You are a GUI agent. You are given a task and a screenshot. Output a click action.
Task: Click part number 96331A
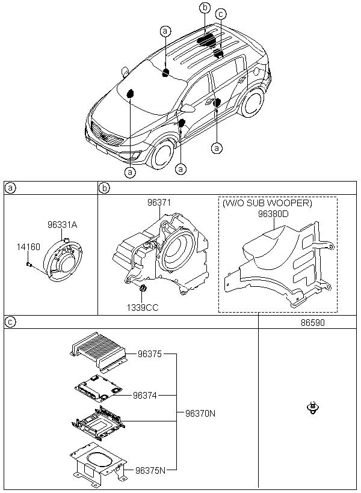[63, 224]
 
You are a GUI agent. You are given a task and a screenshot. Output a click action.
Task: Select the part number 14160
[28, 247]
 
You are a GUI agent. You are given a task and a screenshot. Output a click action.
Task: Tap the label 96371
[159, 203]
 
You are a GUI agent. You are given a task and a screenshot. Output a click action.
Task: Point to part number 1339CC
[143, 307]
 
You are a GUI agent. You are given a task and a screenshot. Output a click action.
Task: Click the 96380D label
[273, 214]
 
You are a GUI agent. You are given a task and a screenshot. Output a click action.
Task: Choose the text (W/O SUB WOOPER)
[267, 203]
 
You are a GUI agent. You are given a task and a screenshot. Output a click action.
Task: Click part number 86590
[312, 323]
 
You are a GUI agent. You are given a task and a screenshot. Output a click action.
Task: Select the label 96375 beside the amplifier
[149, 354]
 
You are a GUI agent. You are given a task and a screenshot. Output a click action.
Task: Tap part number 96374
[145, 395]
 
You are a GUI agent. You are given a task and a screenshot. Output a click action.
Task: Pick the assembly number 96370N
[200, 414]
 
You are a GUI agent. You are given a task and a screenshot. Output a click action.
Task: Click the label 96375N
[150, 470]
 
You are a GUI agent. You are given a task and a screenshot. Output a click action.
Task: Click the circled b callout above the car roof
[205, 8]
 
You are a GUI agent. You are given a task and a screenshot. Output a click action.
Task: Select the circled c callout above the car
[221, 14]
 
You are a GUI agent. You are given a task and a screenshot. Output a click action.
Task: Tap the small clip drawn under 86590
[312, 408]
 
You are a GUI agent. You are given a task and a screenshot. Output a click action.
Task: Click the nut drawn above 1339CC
[143, 288]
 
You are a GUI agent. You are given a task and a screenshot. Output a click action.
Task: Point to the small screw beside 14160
[29, 264]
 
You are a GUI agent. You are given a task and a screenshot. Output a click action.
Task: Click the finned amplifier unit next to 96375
[98, 352]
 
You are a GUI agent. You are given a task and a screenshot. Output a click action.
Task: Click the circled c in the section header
[11, 322]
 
